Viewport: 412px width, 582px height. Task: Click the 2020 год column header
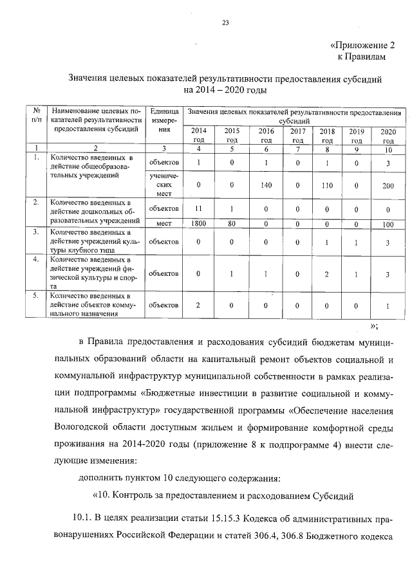coord(388,135)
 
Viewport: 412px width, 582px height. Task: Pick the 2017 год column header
coord(297,135)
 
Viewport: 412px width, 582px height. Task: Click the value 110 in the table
coord(326,185)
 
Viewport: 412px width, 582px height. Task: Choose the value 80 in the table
coord(232,224)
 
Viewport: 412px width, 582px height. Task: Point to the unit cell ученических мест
coord(164,184)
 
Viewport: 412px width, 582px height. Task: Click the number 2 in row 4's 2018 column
coord(326,274)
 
